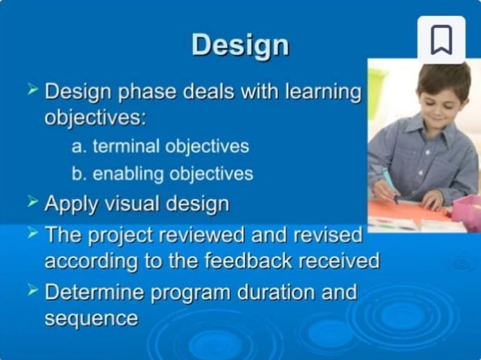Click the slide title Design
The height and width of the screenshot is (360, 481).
point(240,44)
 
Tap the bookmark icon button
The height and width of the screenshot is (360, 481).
point(441,39)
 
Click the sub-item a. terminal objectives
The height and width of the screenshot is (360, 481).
point(160,145)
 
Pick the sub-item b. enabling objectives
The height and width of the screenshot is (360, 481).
point(162,173)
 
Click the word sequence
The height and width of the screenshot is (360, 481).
point(91,319)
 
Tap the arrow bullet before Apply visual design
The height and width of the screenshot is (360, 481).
point(32,201)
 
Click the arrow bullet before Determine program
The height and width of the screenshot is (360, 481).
point(32,290)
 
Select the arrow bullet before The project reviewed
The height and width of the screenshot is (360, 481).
point(32,232)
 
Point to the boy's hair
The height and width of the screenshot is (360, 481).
point(445,75)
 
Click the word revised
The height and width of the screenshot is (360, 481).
point(323,234)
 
